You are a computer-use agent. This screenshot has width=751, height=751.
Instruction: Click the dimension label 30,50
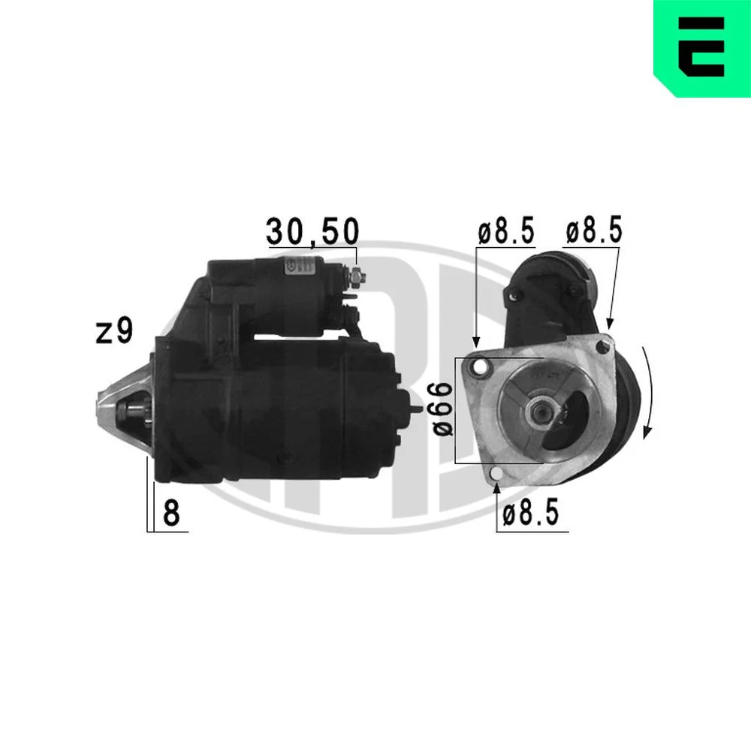pyautogui.click(x=312, y=231)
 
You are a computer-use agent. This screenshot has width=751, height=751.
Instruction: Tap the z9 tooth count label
pyautogui.click(x=114, y=331)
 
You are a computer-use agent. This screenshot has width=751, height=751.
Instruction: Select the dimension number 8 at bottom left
pyautogui.click(x=171, y=512)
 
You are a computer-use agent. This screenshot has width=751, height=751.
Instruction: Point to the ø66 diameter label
pyautogui.click(x=443, y=409)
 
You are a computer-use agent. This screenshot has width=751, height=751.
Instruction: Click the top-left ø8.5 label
pyautogui.click(x=505, y=231)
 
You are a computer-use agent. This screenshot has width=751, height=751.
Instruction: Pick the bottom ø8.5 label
pyautogui.click(x=531, y=513)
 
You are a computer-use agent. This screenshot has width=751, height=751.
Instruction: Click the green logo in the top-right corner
pyautogui.click(x=702, y=48)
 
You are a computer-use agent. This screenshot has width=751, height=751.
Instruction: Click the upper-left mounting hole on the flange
pyautogui.click(x=479, y=367)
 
